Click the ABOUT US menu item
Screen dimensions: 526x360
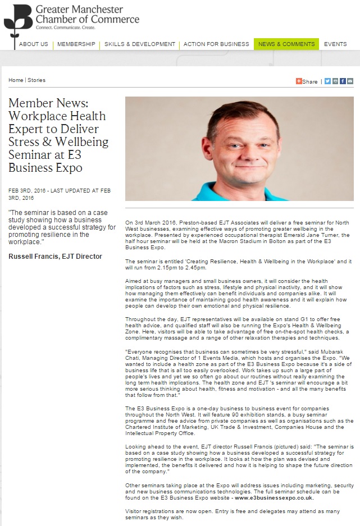(x=34, y=44)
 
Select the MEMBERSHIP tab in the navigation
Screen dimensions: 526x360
(x=76, y=44)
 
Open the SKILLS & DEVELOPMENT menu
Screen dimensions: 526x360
(x=140, y=44)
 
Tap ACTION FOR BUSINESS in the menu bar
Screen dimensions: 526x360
(x=216, y=44)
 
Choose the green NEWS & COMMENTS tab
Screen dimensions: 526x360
(x=286, y=44)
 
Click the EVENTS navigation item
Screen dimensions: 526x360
(x=335, y=44)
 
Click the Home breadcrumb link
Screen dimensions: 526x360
(x=16, y=80)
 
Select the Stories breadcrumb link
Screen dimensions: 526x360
(x=37, y=80)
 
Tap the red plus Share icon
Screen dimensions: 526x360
(x=299, y=81)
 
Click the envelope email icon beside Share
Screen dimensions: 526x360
(x=350, y=81)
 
